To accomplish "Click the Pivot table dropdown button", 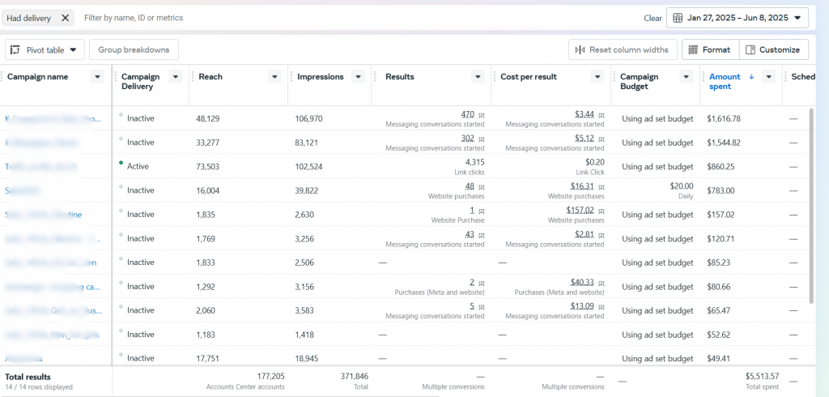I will point(45,50).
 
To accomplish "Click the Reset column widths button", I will point(621,50).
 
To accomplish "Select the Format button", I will point(709,50).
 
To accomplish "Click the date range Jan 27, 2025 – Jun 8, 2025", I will point(737,17).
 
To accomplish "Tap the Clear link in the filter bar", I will point(653,18).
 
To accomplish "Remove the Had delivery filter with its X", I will point(65,17).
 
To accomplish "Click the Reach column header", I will point(210,77).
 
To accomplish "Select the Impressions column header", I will point(320,77).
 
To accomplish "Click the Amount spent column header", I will point(725,77).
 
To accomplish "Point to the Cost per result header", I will point(529,77).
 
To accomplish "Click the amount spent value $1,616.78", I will point(724,118).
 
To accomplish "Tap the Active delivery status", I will point(138,166).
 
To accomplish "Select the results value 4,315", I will point(473,162).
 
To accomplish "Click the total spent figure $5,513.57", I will point(762,376).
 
